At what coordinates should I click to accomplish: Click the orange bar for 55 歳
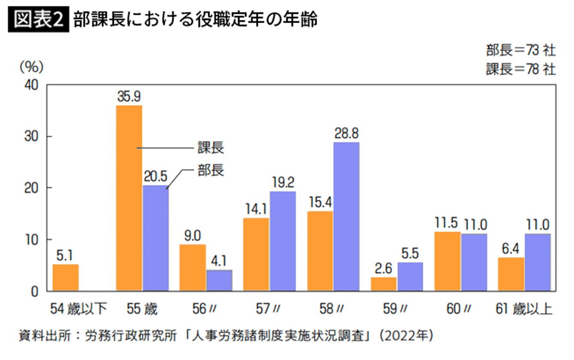pos(129,198)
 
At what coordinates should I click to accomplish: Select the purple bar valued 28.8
pos(346,216)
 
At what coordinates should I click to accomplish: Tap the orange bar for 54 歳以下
pos(66,278)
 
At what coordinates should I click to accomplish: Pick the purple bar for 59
pos(410,276)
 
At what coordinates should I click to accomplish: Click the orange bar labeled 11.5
pos(447,261)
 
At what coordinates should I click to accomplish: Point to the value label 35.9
pos(129,97)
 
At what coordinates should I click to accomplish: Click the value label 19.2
pos(283,183)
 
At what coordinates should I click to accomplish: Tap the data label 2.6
pos(383,269)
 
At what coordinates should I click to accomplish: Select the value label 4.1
pos(219,261)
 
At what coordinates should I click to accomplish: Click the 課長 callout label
pos(211,148)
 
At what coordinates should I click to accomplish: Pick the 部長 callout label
pos(211,170)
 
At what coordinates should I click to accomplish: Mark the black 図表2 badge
pos(39,20)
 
